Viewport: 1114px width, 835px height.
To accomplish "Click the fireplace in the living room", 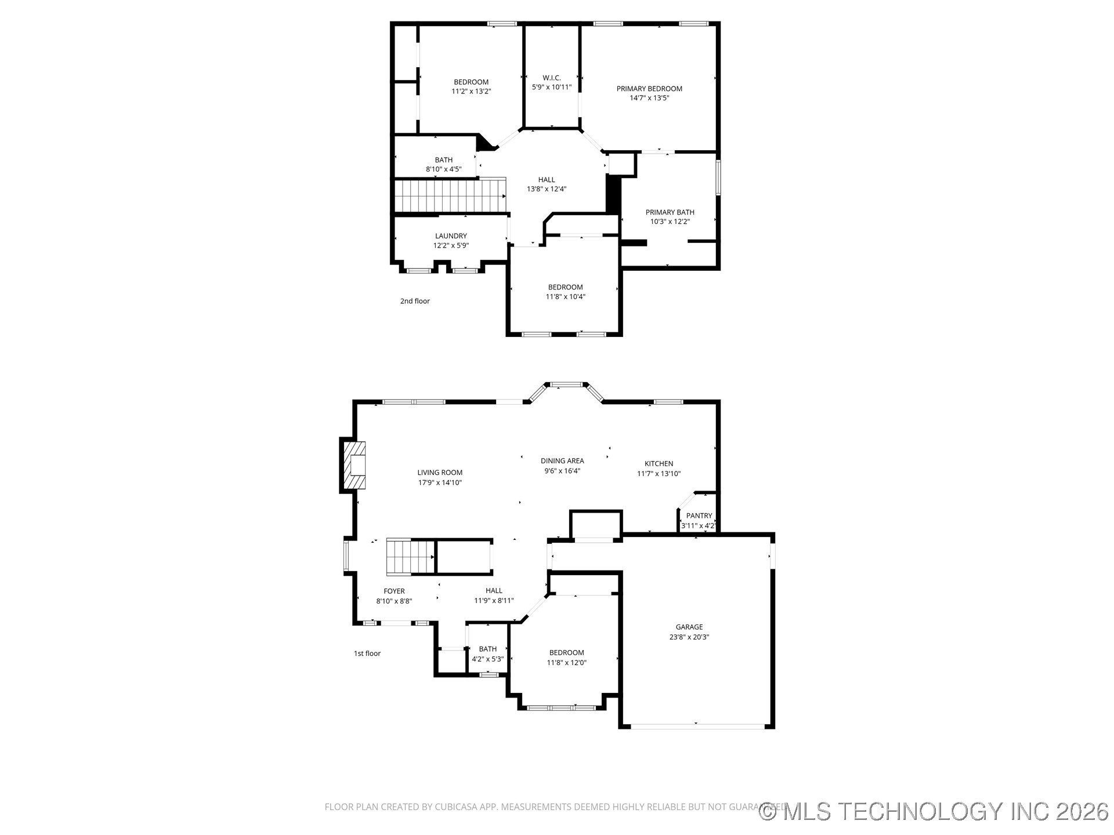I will pos(354,465).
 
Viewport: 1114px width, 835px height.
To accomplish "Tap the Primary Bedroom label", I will pos(649,89).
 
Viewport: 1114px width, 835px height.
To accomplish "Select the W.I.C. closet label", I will pos(551,78).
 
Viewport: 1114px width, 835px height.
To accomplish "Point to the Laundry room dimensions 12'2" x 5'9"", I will pos(451,245).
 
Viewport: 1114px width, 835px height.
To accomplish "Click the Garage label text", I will pos(689,627).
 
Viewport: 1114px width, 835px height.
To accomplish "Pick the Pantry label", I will pos(699,515).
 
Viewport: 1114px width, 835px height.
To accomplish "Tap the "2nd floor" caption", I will pos(415,301).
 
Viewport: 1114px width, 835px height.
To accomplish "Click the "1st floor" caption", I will pos(367,654).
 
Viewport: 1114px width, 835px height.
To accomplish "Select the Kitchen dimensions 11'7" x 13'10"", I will pos(659,474).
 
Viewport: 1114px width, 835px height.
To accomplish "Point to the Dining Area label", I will pos(562,461).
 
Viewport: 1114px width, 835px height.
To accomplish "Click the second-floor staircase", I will pos(450,195).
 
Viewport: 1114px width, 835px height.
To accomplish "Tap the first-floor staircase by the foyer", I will pos(411,557).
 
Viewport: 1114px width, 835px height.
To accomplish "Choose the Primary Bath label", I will pos(670,212).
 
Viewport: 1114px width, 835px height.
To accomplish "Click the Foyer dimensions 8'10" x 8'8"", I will pos(394,601).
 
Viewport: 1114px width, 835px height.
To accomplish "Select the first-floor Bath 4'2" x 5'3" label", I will pos(487,649).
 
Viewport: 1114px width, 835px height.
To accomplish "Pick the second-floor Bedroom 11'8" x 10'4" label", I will pos(565,287).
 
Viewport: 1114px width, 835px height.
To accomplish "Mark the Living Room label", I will pos(440,473).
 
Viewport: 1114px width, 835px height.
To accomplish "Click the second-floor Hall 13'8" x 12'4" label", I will pos(546,180).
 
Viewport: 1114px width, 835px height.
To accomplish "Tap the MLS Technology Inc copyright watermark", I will pos(934,811).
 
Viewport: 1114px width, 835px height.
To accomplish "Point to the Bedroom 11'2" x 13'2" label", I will pos(471,82).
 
